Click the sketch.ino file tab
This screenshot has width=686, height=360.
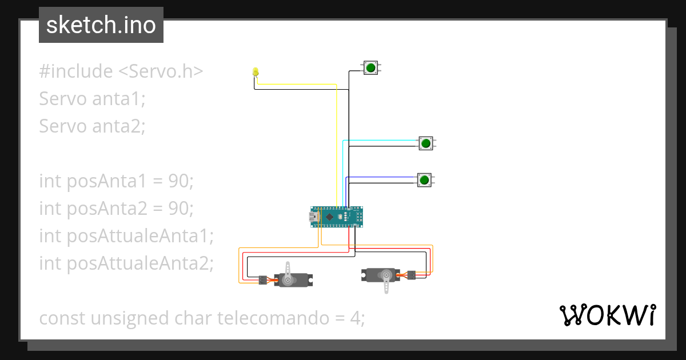coord(101,25)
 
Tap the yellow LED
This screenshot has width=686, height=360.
coord(256,72)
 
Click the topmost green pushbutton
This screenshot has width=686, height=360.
coord(370,68)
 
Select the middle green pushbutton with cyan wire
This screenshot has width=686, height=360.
coord(425,143)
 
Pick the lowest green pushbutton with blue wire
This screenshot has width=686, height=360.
coord(424,180)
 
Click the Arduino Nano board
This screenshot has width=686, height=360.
coord(337,217)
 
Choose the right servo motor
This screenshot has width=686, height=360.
coord(383,276)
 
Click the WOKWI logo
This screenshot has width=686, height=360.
coord(607,315)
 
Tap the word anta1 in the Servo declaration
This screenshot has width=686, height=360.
coord(118,98)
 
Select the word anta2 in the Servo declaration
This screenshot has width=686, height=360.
coord(118,125)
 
